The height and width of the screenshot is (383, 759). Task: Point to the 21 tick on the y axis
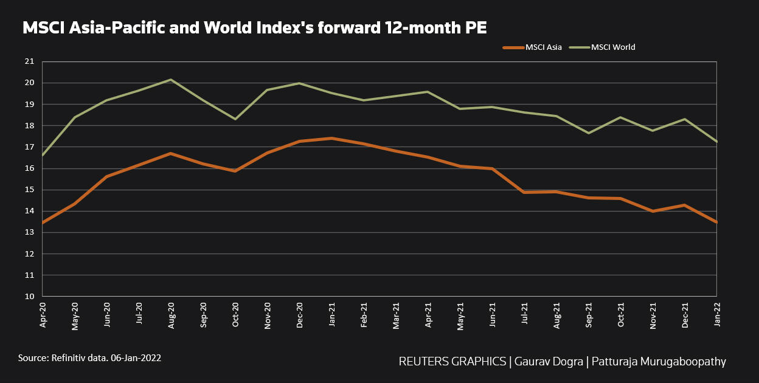tap(29, 61)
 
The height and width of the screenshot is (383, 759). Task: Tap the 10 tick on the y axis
tap(29, 297)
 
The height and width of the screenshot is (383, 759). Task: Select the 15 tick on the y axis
tap(29, 190)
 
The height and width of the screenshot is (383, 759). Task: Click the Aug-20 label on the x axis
tap(171, 316)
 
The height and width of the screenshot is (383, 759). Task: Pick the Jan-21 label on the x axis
tap(331, 316)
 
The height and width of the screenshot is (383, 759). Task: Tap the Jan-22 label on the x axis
tap(717, 316)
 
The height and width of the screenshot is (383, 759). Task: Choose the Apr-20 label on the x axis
tap(43, 316)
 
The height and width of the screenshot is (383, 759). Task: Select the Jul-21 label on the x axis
tap(524, 316)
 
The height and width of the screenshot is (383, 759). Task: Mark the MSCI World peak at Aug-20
tap(171, 80)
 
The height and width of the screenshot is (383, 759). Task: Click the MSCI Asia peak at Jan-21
tap(331, 138)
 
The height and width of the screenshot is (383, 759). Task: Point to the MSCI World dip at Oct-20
tap(235, 119)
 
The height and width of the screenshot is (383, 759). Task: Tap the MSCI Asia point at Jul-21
tap(524, 192)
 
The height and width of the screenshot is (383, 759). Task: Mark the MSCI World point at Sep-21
tap(589, 133)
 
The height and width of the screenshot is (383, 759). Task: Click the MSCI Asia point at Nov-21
tap(653, 211)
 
